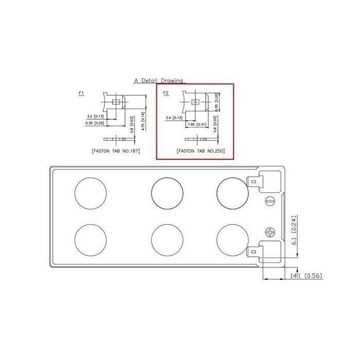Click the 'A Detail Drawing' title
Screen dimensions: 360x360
coord(158,81)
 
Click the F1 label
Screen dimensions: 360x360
coord(81,93)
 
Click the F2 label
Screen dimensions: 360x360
coord(166,93)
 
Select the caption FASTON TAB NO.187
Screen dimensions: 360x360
coord(116,152)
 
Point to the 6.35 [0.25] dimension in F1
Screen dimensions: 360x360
coord(96,123)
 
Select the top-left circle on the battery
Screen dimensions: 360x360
coord(91,193)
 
